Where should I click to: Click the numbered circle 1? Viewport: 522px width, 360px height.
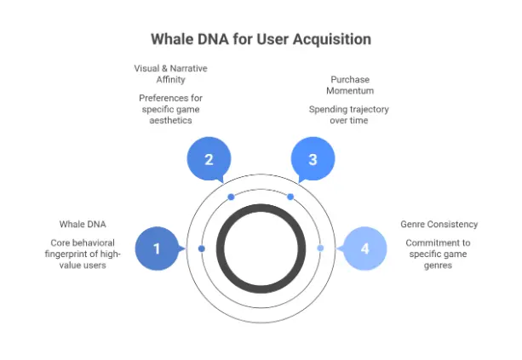157,248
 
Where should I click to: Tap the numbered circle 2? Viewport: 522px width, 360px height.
208,159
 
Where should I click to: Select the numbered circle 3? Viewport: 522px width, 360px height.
313,159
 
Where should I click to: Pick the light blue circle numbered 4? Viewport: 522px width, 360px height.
365,248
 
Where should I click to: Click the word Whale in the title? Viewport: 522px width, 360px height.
171,39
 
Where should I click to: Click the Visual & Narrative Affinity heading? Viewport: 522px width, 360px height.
170,74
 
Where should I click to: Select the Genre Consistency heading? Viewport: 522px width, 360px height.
439,225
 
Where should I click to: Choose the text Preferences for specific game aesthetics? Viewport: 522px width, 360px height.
170,109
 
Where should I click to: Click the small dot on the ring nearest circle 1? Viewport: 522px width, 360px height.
202,249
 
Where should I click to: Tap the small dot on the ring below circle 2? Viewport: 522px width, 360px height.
231,197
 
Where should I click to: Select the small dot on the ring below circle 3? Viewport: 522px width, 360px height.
290,197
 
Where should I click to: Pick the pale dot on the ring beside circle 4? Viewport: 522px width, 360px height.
320,249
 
